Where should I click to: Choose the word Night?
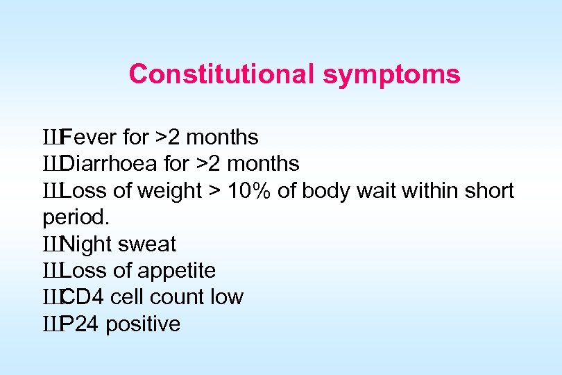[x=87, y=244]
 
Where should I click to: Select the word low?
[x=228, y=298]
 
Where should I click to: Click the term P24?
[x=80, y=324]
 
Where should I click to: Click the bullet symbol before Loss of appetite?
[x=51, y=271]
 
